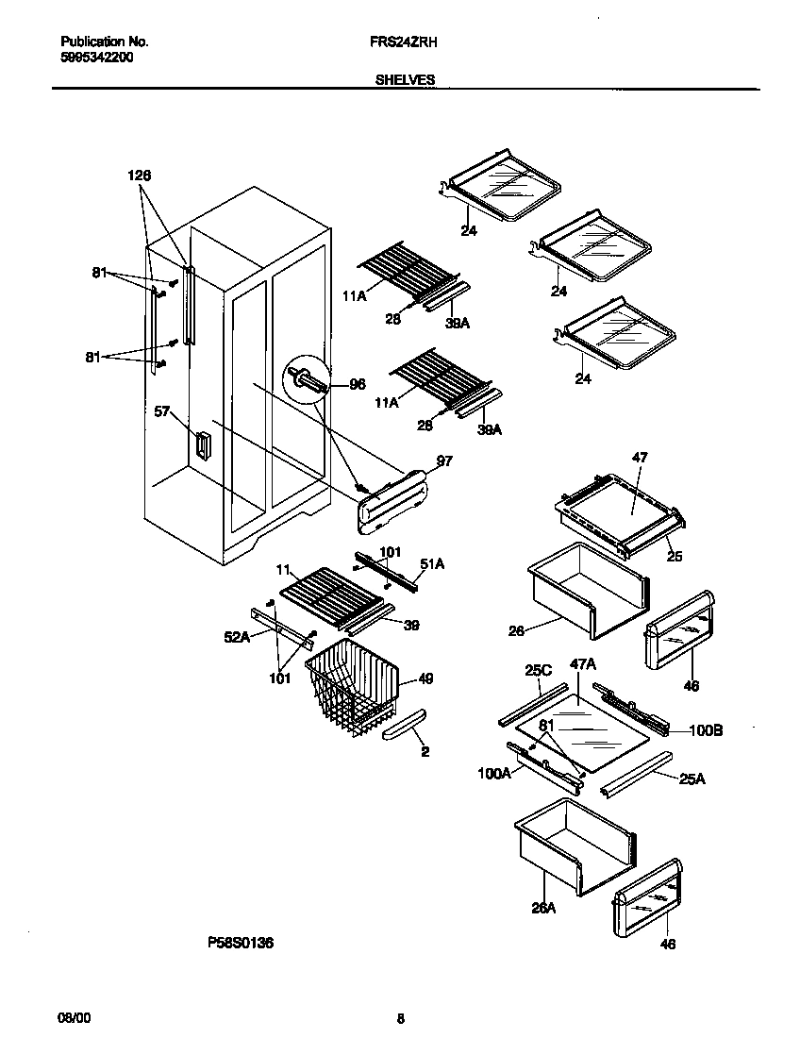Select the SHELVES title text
(x=405, y=80)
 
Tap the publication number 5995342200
(x=96, y=57)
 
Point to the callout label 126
(x=140, y=176)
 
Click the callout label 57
(x=162, y=410)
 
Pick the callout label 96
(x=357, y=384)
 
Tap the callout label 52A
(x=237, y=637)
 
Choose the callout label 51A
(x=432, y=563)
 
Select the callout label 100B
(x=707, y=729)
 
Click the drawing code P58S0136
(x=241, y=942)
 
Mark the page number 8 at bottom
(x=400, y=1018)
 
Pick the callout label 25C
(x=537, y=670)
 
